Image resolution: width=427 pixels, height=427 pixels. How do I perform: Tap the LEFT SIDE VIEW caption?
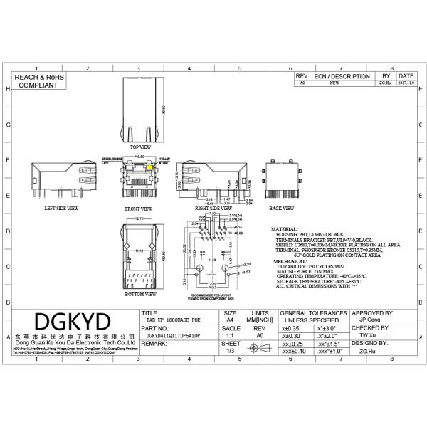pos(61,209)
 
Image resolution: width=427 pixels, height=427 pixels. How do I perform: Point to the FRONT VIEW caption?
pos(139,209)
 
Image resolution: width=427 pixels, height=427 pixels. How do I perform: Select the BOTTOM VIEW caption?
pos(139,293)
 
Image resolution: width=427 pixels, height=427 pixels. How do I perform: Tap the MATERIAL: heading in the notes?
pos(285,229)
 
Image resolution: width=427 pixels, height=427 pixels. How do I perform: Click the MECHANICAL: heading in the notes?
pos(287,262)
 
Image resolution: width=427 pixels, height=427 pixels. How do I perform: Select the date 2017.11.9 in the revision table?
pos(406,83)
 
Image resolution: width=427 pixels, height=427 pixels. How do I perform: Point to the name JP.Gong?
pos(367,321)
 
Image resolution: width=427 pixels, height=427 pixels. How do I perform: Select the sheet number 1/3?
pos(230,350)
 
